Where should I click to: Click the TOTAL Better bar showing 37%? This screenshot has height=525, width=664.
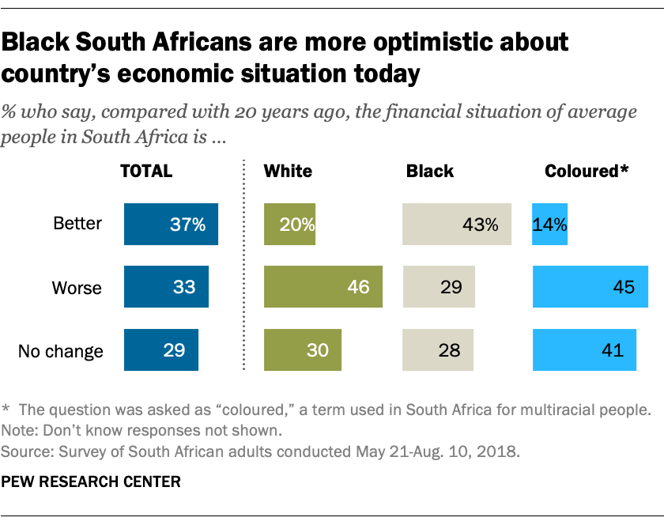(x=171, y=224)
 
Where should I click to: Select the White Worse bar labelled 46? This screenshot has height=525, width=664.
(x=323, y=286)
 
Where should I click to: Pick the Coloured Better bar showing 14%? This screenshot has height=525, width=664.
(x=550, y=224)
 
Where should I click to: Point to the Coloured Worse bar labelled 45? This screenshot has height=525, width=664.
(x=590, y=286)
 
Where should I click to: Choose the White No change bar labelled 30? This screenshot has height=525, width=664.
(x=303, y=349)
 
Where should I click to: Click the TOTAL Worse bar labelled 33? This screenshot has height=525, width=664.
(x=166, y=286)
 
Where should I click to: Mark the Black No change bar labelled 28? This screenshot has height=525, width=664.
(x=438, y=349)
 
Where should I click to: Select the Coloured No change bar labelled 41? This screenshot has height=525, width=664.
(x=584, y=349)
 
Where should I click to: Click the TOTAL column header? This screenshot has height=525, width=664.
(x=145, y=171)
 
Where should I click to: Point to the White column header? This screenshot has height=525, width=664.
(x=288, y=171)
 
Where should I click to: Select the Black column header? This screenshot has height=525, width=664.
(x=430, y=171)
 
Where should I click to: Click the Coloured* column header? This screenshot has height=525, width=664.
(x=586, y=171)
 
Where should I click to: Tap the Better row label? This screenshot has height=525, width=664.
(x=77, y=224)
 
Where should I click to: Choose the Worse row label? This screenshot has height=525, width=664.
(x=77, y=287)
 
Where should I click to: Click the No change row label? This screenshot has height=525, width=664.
(x=61, y=350)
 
